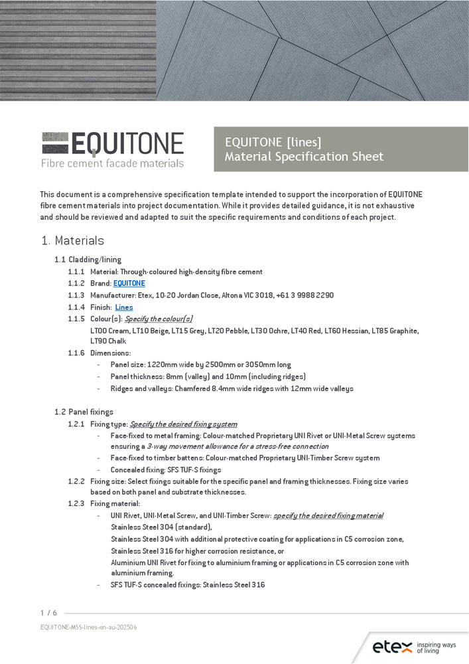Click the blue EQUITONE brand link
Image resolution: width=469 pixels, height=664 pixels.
pyautogui.click(x=129, y=284)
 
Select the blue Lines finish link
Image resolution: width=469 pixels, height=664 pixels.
pyautogui.click(x=124, y=307)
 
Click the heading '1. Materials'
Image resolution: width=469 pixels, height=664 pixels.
pyautogui.click(x=72, y=240)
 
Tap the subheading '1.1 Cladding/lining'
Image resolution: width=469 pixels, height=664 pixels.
pyautogui.click(x=88, y=260)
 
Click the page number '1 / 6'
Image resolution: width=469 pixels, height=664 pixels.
pyautogui.click(x=48, y=613)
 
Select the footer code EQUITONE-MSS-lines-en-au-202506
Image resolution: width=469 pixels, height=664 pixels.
pyautogui.click(x=88, y=627)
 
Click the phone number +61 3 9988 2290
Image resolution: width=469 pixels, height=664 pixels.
pyautogui.click(x=310, y=295)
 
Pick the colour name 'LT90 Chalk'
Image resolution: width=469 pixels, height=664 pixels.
pyautogui.click(x=108, y=341)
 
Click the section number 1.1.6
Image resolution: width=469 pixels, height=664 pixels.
pyautogui.click(x=76, y=353)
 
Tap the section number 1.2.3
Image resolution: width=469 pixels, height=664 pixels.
pyautogui.click(x=76, y=504)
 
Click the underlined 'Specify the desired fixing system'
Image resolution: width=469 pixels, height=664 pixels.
pyautogui.click(x=183, y=424)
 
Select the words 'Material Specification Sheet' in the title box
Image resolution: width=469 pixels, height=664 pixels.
pyautogui.click(x=304, y=157)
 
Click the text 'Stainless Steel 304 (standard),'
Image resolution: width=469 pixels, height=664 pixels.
pyautogui.click(x=161, y=527)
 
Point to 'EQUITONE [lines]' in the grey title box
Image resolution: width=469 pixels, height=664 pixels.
pyautogui.click(x=273, y=142)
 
